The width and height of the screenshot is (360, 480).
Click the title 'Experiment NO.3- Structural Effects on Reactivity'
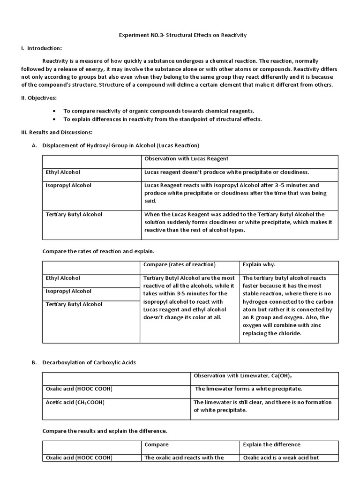(180, 35)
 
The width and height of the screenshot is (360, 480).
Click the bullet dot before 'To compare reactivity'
(55, 111)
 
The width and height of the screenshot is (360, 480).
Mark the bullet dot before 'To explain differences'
(55, 119)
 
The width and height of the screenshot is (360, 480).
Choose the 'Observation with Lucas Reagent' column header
(186, 159)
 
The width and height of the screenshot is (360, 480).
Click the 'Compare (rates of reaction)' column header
(180, 265)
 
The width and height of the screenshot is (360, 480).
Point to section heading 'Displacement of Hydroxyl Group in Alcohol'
(121, 145)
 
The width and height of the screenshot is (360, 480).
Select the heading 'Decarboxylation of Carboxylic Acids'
(89, 363)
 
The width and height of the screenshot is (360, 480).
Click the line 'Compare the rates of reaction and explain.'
(98, 251)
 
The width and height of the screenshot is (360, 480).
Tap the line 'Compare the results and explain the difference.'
(105, 431)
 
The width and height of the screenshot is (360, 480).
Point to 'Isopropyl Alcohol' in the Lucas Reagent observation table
(68, 186)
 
